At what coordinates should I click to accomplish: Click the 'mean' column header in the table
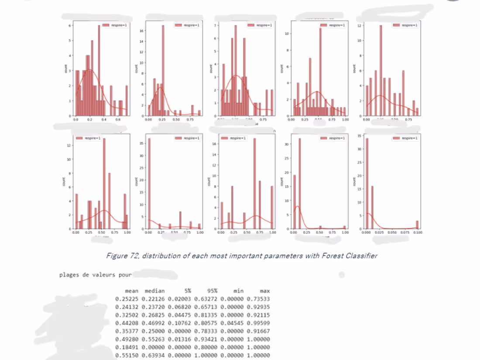click(x=131, y=291)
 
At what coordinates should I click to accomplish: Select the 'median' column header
click(x=154, y=291)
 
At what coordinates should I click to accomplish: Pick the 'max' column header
click(x=264, y=291)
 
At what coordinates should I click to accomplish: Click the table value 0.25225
click(x=126, y=299)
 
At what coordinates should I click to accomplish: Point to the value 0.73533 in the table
click(x=258, y=299)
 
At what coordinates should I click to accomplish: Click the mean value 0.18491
click(x=126, y=347)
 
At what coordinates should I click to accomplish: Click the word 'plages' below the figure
click(x=69, y=275)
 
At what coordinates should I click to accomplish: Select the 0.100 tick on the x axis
click(x=418, y=233)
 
